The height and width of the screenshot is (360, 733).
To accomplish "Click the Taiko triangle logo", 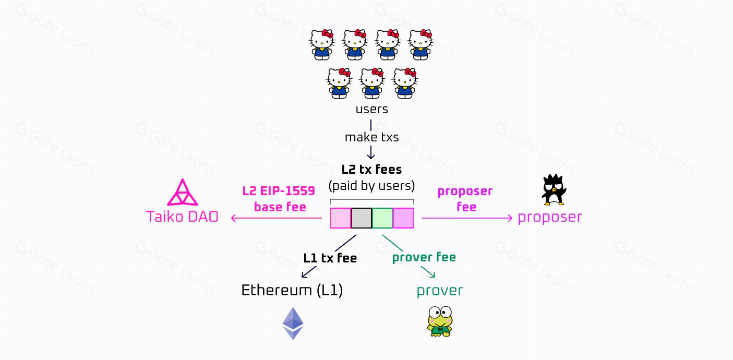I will click(182, 193).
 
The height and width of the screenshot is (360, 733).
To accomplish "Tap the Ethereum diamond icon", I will click(293, 323).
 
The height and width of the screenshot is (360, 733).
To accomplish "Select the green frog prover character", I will click(439, 321).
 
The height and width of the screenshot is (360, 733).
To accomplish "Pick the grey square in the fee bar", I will click(362, 218).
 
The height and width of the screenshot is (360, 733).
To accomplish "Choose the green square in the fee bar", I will click(382, 218).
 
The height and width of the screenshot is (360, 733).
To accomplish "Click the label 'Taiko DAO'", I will click(182, 217).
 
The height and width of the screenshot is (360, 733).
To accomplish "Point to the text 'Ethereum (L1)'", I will click(292, 291).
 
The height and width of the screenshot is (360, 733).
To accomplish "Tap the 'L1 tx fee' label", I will click(330, 258).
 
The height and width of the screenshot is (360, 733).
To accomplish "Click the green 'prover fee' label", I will click(424, 257).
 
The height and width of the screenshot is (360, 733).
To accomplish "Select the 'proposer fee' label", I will click(465, 199).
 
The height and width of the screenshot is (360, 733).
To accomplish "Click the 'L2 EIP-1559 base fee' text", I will click(279, 199).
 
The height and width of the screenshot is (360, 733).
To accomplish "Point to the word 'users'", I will click(371, 110).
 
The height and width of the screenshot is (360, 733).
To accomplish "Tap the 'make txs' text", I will click(371, 137).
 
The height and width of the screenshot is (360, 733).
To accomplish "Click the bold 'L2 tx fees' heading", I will click(371, 170).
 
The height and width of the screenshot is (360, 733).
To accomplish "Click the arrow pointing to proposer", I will click(467, 218).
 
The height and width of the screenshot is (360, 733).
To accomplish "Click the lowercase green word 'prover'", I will click(439, 291).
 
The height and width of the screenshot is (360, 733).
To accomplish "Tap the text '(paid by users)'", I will click(371, 185).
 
